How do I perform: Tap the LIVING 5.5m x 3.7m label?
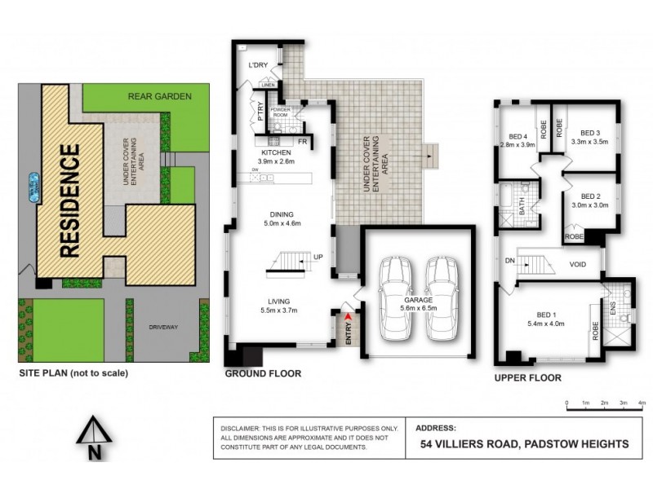(x=279, y=305)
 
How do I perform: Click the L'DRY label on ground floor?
(x=260, y=65)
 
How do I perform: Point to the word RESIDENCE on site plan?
(x=70, y=200)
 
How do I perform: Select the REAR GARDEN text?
(x=159, y=96)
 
